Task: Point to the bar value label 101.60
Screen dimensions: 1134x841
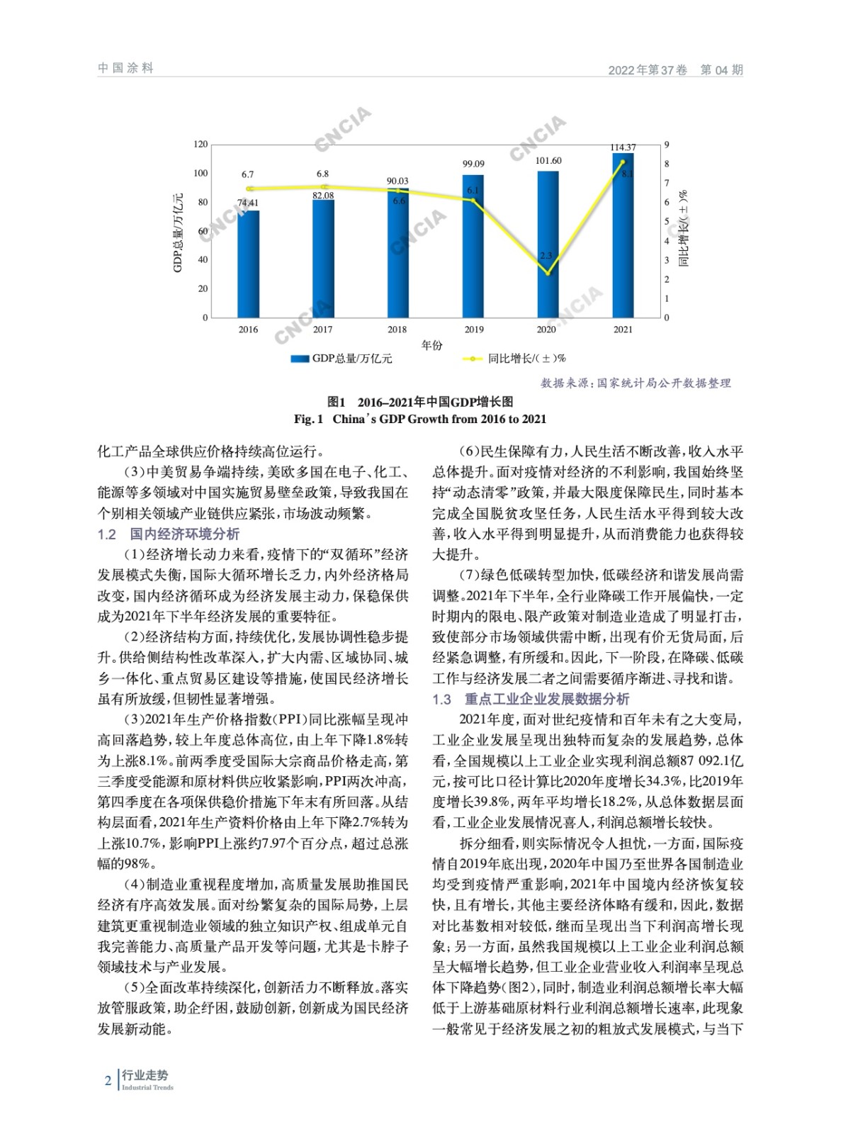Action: tap(548, 161)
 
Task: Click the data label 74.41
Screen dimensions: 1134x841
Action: tap(248, 203)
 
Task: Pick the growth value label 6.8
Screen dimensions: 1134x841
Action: tap(322, 174)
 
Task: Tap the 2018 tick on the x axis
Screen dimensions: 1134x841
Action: tap(397, 330)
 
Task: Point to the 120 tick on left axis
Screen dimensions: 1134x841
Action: tap(201, 145)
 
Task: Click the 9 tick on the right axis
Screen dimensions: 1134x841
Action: tap(666, 145)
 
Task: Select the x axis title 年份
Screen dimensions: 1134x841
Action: tap(431, 345)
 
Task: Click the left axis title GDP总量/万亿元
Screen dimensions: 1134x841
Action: tap(178, 232)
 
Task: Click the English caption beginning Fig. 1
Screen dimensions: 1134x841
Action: tap(420, 419)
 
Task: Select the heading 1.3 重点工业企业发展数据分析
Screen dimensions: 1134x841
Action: tap(531, 699)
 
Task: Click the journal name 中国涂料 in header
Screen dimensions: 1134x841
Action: tap(125, 68)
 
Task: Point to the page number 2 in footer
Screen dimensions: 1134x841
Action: tap(108, 1080)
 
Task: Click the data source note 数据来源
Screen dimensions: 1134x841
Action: tap(636, 383)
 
